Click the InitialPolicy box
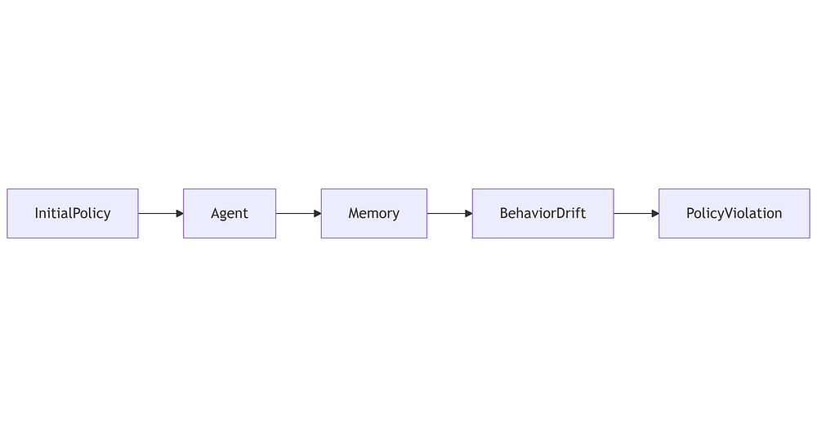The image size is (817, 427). tap(73, 214)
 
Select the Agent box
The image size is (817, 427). tap(230, 214)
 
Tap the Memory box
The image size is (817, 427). tap(374, 214)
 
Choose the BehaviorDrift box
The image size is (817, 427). tap(543, 214)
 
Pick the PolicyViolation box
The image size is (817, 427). tap(734, 214)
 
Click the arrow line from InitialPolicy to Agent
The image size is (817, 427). tap(161, 214)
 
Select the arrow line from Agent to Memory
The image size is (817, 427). tap(298, 214)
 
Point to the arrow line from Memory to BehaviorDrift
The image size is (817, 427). tap(449, 214)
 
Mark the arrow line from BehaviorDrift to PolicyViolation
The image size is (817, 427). tap(636, 214)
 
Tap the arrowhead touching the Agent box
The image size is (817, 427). tap(180, 214)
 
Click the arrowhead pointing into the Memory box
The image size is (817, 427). tap(318, 214)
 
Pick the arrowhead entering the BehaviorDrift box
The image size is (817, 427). tap(469, 214)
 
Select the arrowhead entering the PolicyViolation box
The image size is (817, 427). tap(655, 214)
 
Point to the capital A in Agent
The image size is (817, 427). tap(215, 213)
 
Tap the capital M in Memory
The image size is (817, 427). tap(354, 213)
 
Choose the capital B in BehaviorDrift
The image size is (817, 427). tap(503, 213)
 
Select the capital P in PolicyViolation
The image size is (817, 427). tap(690, 213)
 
